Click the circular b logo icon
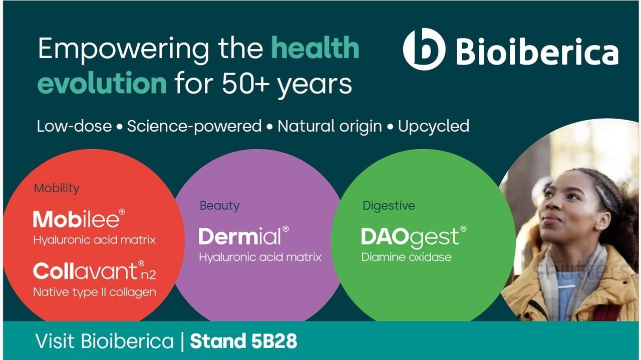pos(424,49)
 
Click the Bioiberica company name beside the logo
pos(537,52)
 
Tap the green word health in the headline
pos(315,48)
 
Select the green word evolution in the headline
pos(102,83)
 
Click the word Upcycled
pos(434,127)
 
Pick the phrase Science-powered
pos(194,127)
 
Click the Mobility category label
pos(57,189)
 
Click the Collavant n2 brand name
pos(95,271)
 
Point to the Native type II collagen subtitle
pos(95,292)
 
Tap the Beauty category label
pos(219,206)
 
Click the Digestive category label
pos(389,206)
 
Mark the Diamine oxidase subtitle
pos(406,257)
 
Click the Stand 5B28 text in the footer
pos(243,341)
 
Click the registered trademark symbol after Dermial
pos(285,229)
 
